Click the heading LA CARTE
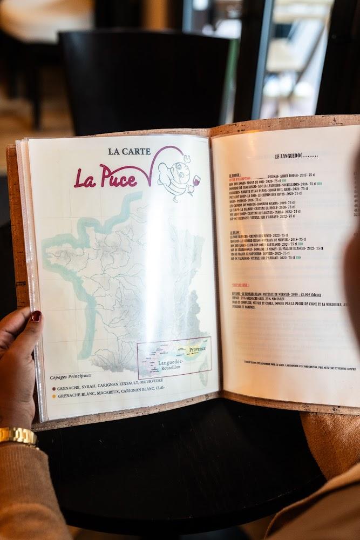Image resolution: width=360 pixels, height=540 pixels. (x=129, y=152)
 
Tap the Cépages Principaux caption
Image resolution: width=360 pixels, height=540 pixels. (x=71, y=376)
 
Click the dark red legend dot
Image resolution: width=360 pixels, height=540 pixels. (x=53, y=388)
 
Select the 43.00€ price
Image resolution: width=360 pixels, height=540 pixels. (x=311, y=294)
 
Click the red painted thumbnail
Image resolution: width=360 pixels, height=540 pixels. (x=36, y=316)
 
